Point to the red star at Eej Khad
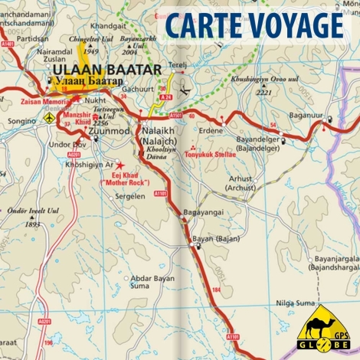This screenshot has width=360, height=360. coord(119,165)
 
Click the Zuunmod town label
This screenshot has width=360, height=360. coord(110,131)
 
